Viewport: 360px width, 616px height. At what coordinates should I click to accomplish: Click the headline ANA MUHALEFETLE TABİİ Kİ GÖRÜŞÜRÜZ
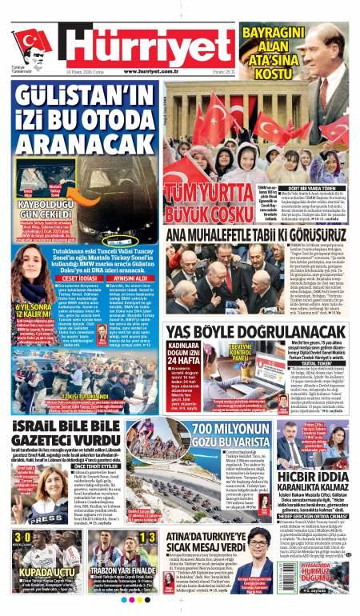pyautogui.click(x=256, y=233)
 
